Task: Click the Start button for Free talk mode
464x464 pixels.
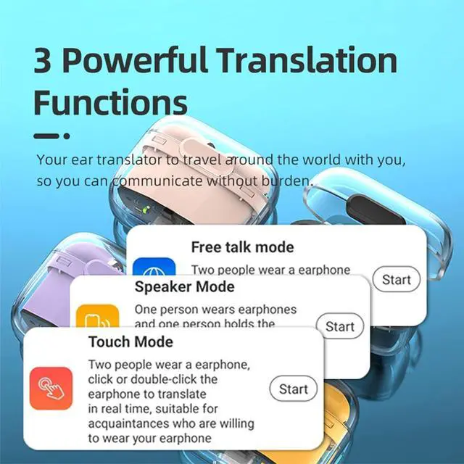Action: [397, 280]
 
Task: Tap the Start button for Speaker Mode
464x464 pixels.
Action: [340, 326]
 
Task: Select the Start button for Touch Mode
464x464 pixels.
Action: [294, 389]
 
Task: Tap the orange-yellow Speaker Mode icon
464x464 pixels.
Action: [97, 318]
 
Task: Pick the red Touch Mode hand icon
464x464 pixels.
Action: [51, 389]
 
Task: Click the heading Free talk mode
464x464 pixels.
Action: [242, 247]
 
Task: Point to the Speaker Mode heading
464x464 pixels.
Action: [184, 286]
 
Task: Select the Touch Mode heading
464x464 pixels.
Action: [130, 341]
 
